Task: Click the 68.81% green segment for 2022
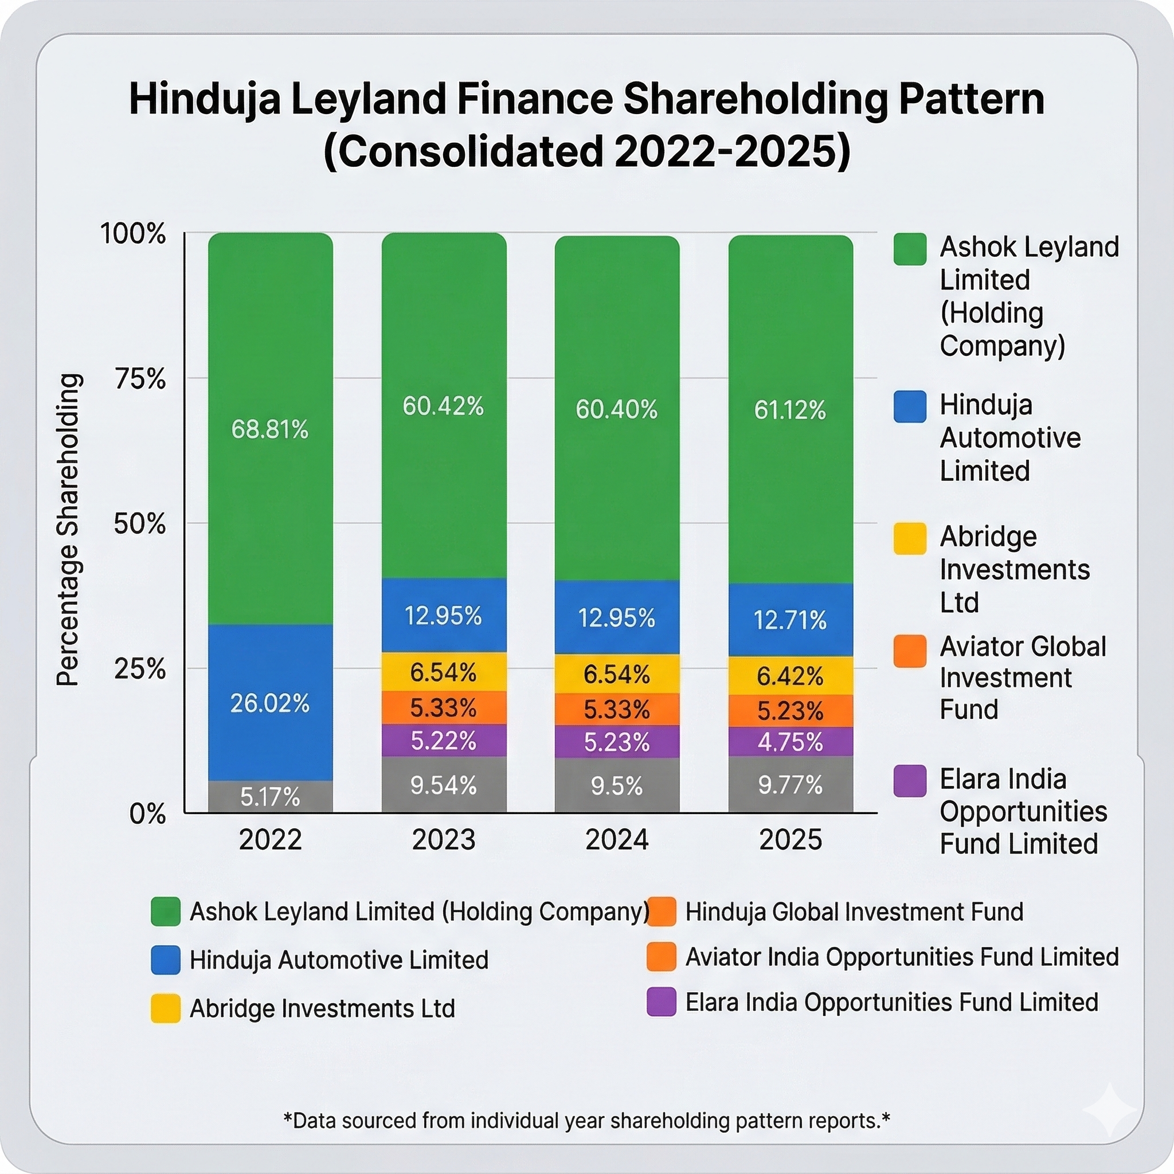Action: point(271,429)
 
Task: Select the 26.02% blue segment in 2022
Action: point(271,703)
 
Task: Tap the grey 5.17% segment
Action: point(271,797)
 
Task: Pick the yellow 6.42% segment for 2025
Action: point(790,676)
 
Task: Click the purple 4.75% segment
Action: point(790,742)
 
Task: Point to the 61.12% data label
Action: point(790,410)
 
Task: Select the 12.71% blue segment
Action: point(790,620)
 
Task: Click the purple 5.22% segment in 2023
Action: point(444,741)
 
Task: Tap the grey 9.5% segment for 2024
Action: point(617,786)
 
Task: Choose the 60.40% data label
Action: point(617,409)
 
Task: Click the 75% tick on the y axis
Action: point(140,379)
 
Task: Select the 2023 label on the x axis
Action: point(444,840)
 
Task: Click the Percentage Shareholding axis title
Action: point(68,529)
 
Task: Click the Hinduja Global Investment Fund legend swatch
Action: point(662,912)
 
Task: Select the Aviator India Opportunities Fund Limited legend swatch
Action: point(662,957)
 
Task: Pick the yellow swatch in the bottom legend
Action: point(165,1009)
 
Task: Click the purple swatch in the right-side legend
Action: point(910,781)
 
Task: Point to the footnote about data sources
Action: point(586,1121)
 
